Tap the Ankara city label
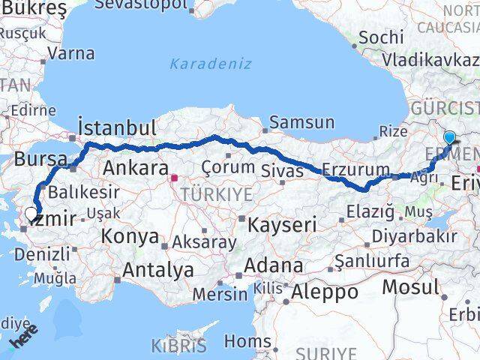[135, 167]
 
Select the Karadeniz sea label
[210, 64]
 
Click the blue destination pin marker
[449, 138]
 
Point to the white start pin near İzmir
[30, 213]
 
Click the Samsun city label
[301, 121]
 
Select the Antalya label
[157, 269]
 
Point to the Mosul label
[410, 286]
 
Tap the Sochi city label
[381, 37]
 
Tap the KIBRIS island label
[178, 346]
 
